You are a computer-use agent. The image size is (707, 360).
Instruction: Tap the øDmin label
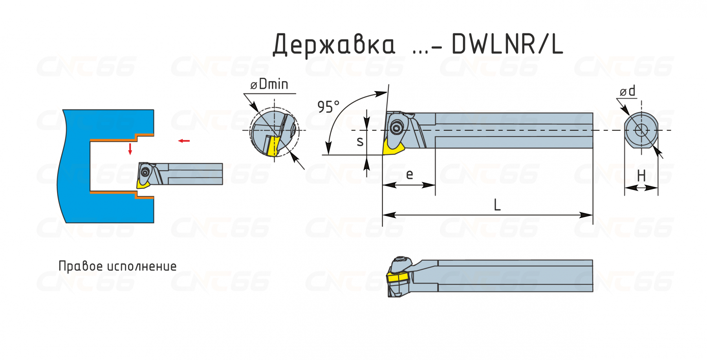269,84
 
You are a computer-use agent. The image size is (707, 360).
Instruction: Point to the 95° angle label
328,107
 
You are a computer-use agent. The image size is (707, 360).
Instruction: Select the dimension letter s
360,141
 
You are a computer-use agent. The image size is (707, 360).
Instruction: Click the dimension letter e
409,174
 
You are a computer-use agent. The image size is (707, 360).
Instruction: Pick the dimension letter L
497,205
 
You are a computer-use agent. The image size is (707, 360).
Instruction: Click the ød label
627,91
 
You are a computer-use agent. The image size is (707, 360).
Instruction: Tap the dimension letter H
641,175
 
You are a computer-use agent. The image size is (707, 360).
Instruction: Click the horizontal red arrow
184,141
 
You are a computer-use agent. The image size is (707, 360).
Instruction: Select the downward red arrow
130,149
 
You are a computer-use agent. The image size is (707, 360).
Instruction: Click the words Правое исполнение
117,266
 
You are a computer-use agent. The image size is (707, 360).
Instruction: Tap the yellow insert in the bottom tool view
398,278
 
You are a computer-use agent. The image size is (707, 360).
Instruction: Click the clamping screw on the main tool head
397,128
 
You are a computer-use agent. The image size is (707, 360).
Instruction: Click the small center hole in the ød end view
641,130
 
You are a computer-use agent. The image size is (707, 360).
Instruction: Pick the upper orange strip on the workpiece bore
122,137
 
